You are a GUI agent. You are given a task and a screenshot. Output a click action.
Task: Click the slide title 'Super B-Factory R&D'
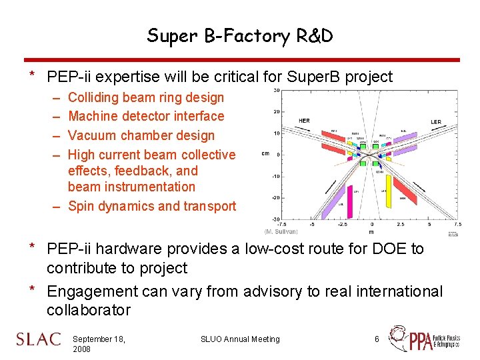click(x=240, y=35)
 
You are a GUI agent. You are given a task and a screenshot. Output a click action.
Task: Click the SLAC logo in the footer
click(x=39, y=339)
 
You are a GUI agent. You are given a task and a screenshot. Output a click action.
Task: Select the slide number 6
click(x=377, y=339)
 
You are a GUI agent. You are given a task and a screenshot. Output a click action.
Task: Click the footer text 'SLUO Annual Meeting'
click(x=240, y=339)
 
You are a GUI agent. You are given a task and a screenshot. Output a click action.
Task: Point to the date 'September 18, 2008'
click(x=99, y=344)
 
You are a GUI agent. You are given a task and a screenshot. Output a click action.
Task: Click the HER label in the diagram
click(x=304, y=121)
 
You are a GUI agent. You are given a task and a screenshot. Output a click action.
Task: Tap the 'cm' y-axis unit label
click(x=265, y=154)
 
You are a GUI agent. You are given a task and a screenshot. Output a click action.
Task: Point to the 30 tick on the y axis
click(x=275, y=91)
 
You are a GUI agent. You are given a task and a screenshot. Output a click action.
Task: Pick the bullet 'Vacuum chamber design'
click(x=141, y=135)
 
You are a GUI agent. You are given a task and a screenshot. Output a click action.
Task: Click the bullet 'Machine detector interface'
click(x=146, y=116)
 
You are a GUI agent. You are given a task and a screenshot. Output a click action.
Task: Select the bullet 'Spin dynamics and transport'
click(x=152, y=206)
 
